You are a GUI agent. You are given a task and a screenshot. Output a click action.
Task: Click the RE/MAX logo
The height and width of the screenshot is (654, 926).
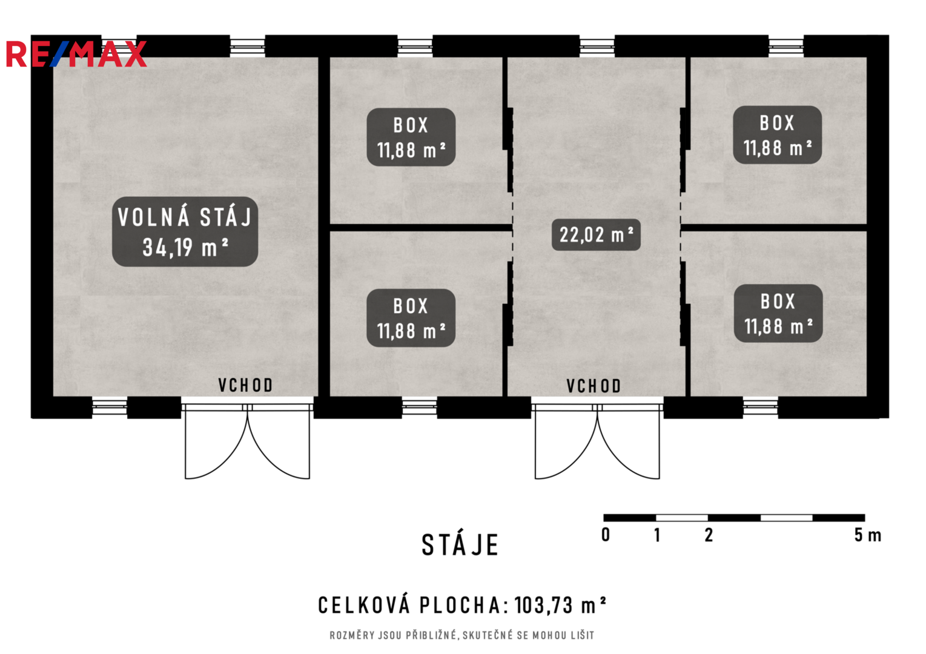[x=76, y=54]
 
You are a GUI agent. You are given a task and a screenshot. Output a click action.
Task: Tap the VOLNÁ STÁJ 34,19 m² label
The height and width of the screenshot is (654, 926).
[x=185, y=232]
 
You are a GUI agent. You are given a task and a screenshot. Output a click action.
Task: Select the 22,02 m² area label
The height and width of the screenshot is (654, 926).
[x=596, y=235]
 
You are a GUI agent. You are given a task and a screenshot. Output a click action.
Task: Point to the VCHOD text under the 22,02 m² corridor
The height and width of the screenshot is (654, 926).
[x=594, y=386]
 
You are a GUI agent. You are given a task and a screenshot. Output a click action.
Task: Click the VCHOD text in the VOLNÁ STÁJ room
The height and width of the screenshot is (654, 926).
[x=245, y=385]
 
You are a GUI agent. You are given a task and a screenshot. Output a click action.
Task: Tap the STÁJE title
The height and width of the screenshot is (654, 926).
[x=460, y=545]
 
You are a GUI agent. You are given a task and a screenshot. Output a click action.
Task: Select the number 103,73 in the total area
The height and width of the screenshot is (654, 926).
[x=544, y=606]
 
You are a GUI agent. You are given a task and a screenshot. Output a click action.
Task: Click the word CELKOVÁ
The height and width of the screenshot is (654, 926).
[x=364, y=605]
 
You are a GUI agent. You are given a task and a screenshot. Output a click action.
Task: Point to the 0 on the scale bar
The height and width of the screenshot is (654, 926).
[x=606, y=535]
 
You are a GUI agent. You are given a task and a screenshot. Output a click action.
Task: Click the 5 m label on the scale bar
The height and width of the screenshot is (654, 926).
[x=868, y=535]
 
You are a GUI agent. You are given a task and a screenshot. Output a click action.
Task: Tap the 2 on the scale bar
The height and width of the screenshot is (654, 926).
[x=709, y=535]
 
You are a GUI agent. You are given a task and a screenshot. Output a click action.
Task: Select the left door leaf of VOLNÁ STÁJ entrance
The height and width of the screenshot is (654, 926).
[x=216, y=444]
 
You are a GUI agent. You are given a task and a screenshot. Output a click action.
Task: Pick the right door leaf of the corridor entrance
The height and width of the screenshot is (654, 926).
[x=629, y=444]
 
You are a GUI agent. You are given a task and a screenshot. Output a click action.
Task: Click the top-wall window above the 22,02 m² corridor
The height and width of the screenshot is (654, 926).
[x=597, y=47]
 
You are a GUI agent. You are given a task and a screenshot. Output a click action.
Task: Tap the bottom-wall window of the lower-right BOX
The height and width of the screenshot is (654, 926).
[x=760, y=407]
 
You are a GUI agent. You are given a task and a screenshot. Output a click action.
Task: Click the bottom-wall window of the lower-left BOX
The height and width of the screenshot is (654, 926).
[x=419, y=407]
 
